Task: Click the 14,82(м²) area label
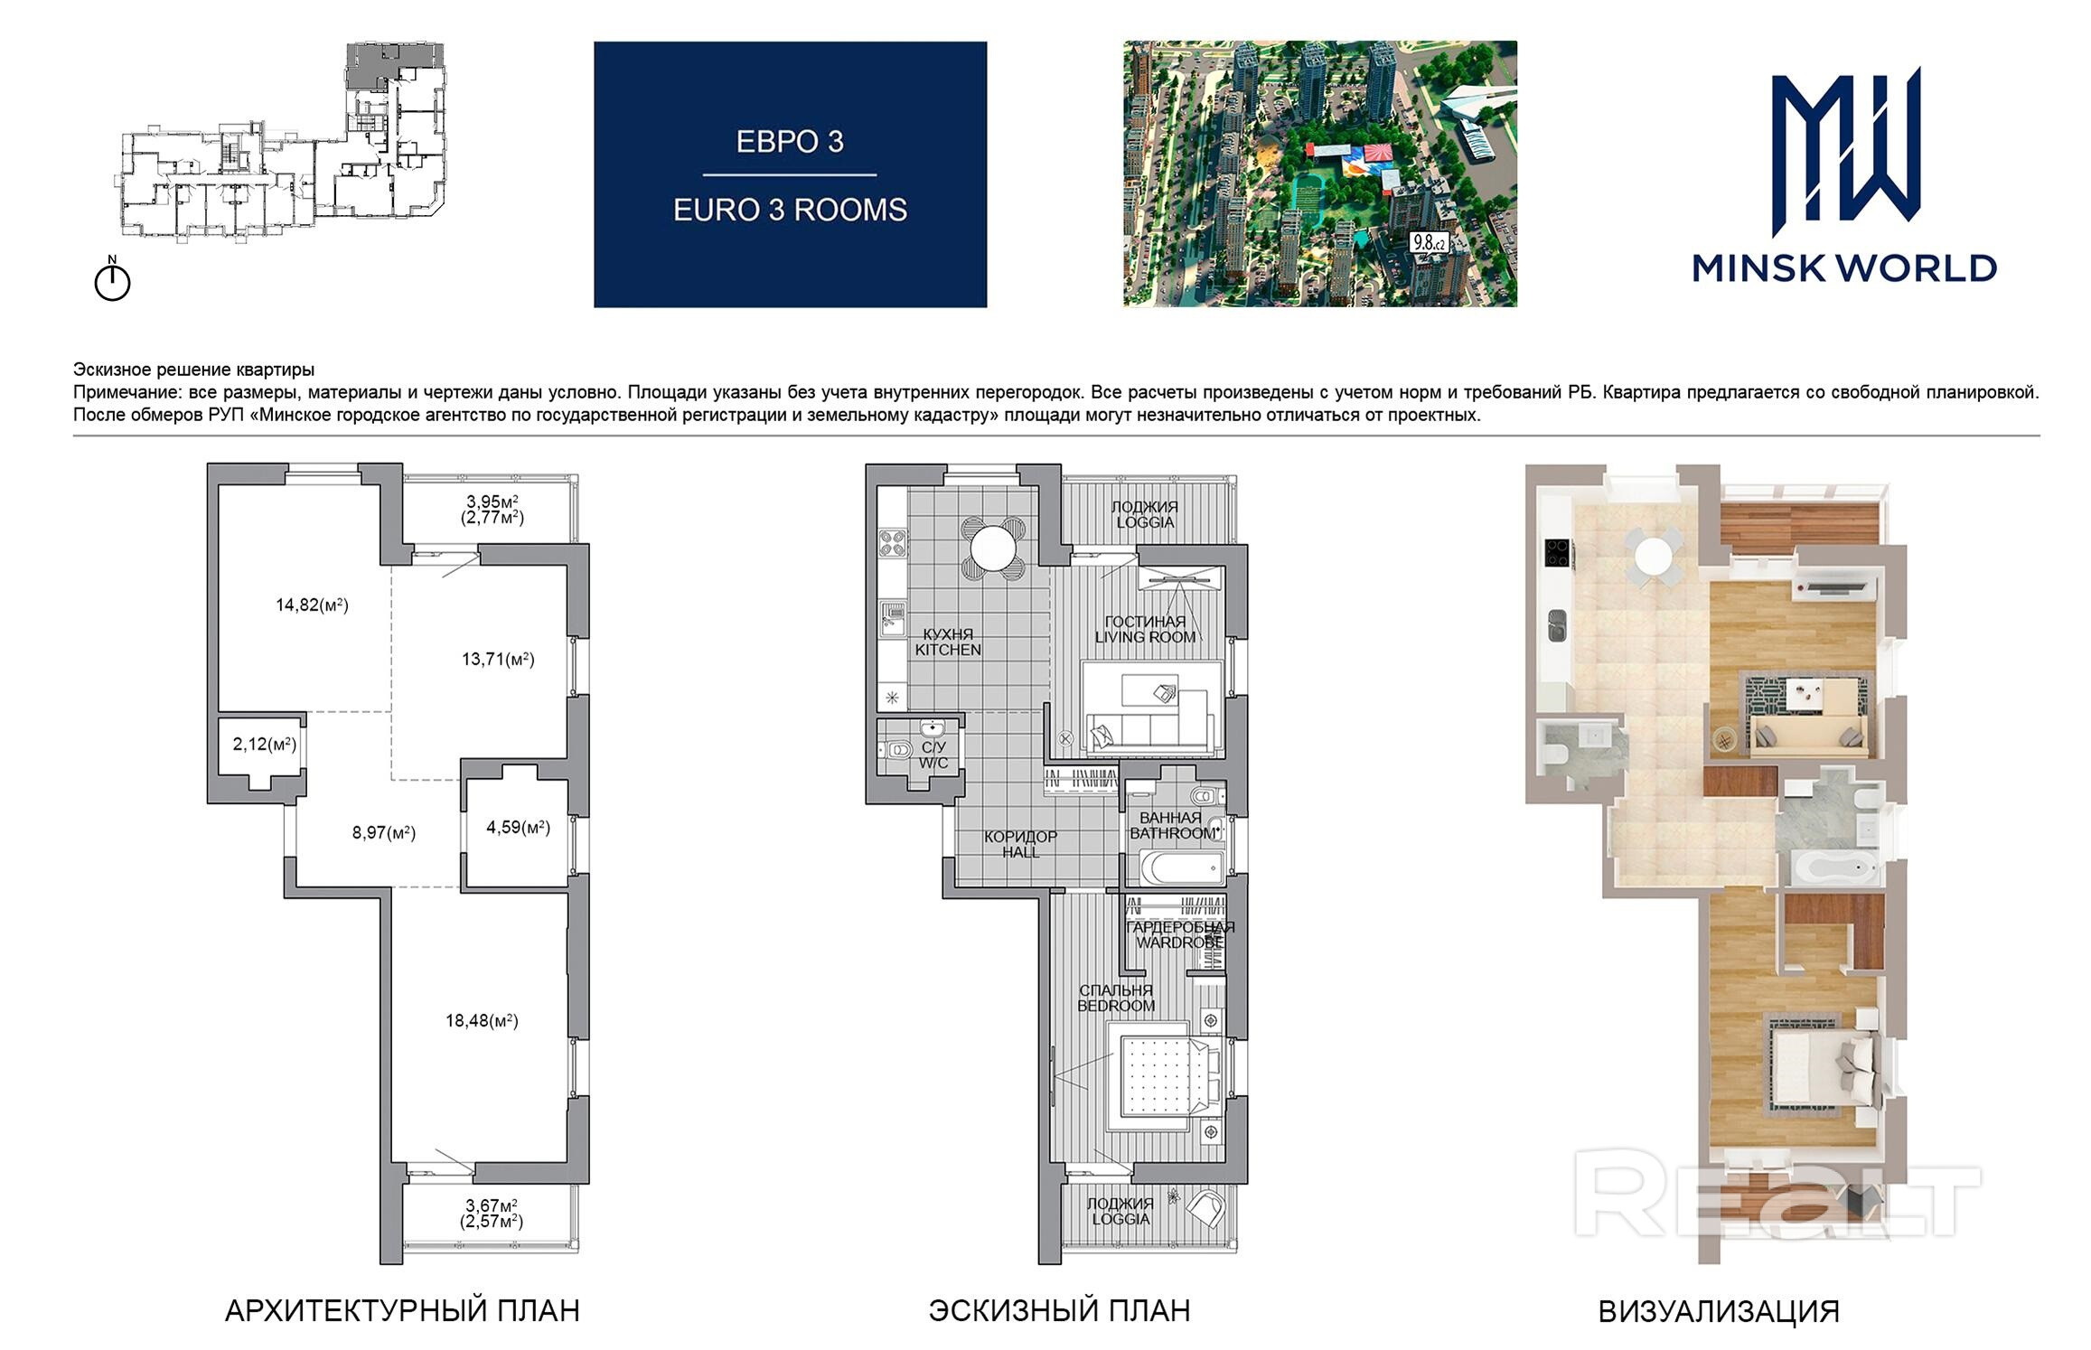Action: [x=312, y=605]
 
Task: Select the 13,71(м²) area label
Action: [x=498, y=660]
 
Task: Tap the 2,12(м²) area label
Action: [x=265, y=745]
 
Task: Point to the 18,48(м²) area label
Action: [x=482, y=1021]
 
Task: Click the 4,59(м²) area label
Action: [x=519, y=827]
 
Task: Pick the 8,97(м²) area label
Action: [x=384, y=833]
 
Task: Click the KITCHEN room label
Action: [x=948, y=650]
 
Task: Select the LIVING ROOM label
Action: [x=1145, y=637]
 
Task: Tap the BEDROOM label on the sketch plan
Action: [x=1117, y=1006]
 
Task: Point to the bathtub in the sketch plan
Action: [x=1181, y=868]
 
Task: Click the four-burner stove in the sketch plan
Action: [x=893, y=544]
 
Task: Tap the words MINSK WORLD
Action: [x=1844, y=268]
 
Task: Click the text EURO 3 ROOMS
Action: [x=790, y=211]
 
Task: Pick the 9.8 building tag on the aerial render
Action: [x=1429, y=242]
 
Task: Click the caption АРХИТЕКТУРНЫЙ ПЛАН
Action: [x=402, y=1310]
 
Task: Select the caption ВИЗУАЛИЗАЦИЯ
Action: [x=1719, y=1311]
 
